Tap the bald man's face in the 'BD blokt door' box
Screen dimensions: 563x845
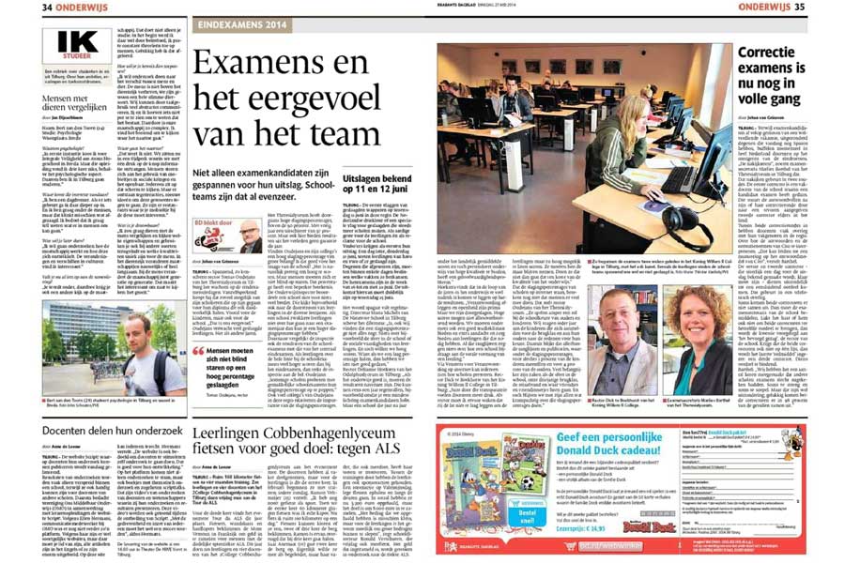250,232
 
